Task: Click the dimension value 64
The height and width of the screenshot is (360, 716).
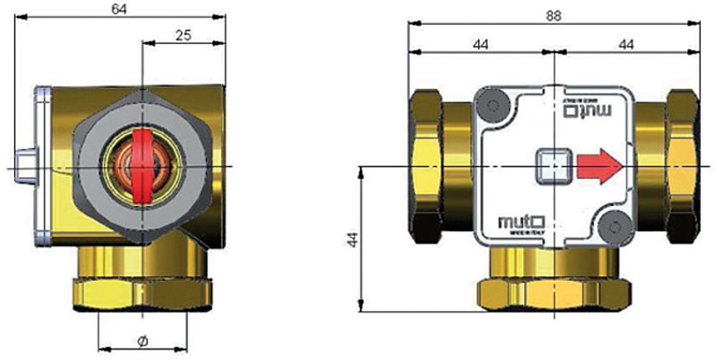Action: point(119,9)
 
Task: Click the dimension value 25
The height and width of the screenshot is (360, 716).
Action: point(183,35)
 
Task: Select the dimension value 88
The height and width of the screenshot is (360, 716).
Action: point(553,15)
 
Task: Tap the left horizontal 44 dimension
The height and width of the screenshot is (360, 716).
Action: point(481,45)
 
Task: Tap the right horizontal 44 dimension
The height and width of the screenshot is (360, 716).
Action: point(626,45)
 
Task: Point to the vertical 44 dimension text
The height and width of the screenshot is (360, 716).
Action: point(353,240)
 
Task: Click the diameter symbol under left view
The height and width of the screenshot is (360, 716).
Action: point(143,341)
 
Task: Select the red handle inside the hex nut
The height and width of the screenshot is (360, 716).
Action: point(143,166)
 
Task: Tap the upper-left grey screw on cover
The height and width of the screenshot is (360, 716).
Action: point(493,105)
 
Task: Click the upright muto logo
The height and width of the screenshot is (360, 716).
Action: point(521,222)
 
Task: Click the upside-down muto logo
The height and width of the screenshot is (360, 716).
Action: point(587,109)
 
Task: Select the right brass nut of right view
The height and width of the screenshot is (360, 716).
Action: point(683,166)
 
